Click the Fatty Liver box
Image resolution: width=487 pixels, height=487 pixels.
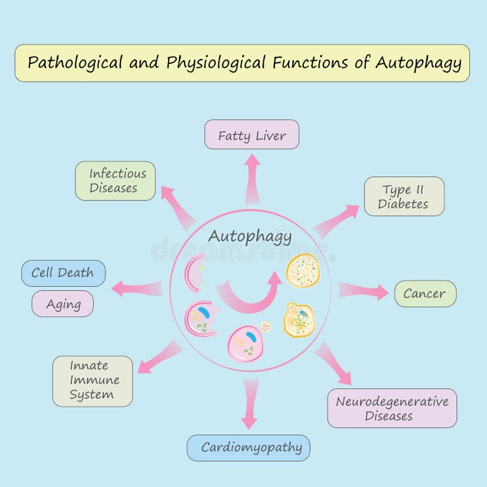coord(252,134)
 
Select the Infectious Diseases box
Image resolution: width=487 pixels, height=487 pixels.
coord(115,181)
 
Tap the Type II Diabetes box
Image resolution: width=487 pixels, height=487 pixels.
coord(404,197)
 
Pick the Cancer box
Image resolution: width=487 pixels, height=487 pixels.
coord(425,294)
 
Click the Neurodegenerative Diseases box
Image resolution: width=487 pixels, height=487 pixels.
coord(392,408)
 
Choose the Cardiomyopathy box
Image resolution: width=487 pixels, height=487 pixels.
coord(252,448)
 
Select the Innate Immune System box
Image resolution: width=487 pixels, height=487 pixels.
coord(93,380)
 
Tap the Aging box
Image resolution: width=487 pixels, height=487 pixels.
coord(63,304)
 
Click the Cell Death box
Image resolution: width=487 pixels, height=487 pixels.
coord(63,273)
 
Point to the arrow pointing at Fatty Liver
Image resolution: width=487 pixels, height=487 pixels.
coord(252,178)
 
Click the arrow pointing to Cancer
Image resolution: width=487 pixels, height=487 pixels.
coord(363,291)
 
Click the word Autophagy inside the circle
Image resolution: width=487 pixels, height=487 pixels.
coord(250,237)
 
